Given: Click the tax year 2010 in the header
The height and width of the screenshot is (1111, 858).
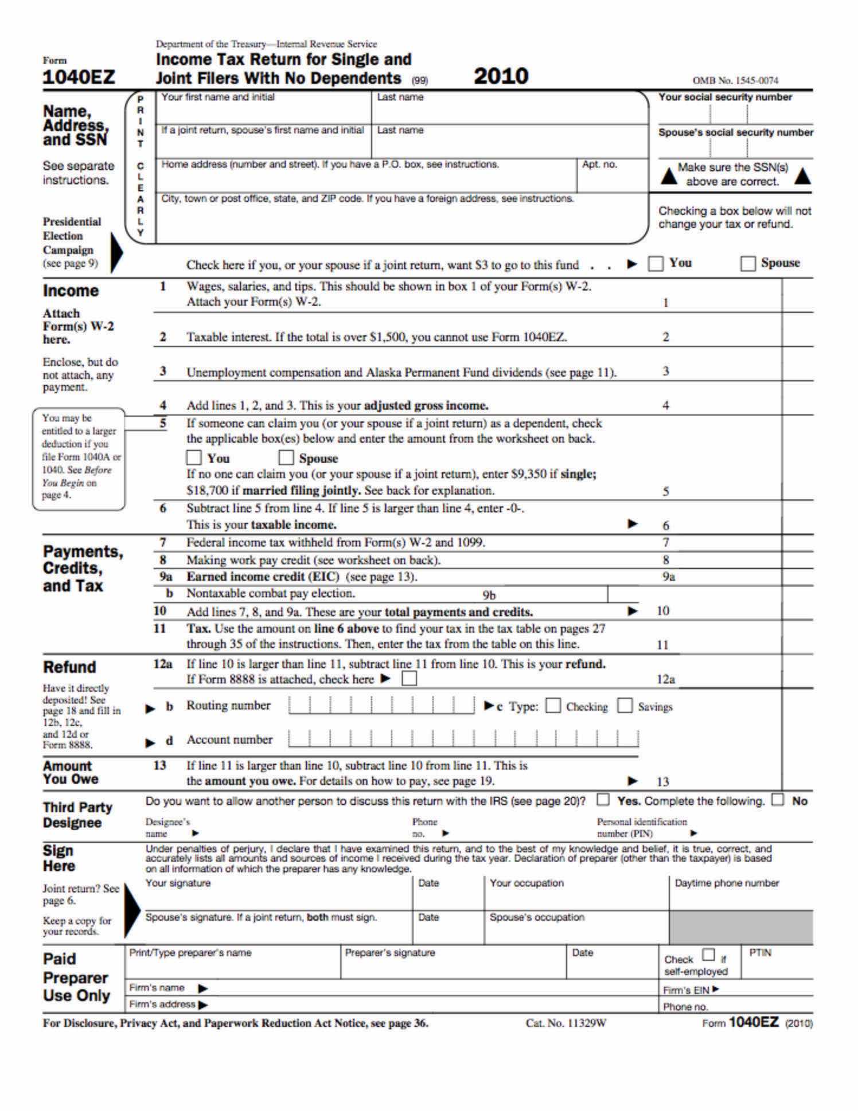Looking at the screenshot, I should (501, 76).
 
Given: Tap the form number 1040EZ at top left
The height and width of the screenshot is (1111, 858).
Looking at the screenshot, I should (79, 77).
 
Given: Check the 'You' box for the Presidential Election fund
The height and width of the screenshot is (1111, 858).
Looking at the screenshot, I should (656, 264).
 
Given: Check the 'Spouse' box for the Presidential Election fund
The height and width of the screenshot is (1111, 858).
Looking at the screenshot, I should (747, 264).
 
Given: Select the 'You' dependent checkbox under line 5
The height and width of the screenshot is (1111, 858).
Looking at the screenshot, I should (194, 458).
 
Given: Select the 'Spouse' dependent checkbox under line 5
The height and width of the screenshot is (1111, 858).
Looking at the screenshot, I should (286, 458).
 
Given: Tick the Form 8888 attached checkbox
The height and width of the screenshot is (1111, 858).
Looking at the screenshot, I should (409, 679).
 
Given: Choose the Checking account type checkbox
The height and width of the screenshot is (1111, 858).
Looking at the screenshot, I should (553, 706).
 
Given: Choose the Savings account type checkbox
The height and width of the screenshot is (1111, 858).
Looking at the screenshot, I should (625, 706).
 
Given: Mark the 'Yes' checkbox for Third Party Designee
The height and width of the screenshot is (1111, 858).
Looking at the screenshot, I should (603, 800).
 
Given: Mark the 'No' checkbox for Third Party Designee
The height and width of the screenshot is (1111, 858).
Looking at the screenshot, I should (778, 800).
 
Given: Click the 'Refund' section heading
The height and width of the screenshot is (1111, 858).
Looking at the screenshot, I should (69, 667).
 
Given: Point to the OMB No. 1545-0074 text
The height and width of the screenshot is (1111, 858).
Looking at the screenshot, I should (735, 81).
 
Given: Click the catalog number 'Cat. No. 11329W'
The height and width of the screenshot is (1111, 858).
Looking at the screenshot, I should (565, 1023).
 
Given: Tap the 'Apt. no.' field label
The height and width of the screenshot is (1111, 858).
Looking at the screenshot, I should (599, 165).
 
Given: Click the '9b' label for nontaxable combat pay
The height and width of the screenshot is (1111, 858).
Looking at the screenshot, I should (489, 595).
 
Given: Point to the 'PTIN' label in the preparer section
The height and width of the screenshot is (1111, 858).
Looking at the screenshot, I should (760, 953).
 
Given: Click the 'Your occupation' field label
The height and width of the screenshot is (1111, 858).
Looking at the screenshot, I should (526, 883).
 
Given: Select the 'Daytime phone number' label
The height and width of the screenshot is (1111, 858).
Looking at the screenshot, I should (727, 883).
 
